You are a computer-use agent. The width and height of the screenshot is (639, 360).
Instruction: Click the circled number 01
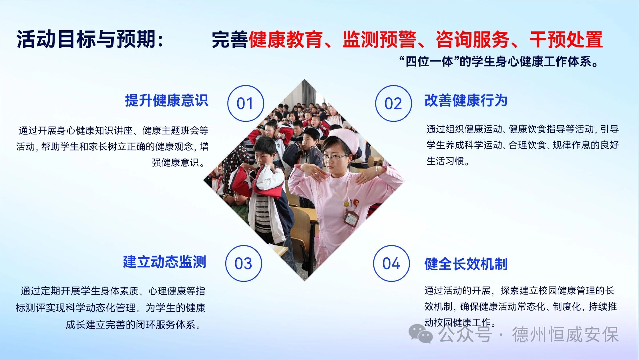246,103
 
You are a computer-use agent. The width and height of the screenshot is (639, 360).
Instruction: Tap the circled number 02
393,103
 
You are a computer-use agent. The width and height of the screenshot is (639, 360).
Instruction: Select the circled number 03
244,263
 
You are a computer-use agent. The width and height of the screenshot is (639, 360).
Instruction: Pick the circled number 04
391,263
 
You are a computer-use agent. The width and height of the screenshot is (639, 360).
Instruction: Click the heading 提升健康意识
167,100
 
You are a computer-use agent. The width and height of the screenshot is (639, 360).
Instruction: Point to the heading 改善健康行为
466,100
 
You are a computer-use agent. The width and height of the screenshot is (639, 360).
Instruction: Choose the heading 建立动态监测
165,262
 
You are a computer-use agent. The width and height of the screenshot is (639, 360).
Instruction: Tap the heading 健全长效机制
466,264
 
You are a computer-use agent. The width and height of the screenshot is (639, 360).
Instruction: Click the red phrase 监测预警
379,39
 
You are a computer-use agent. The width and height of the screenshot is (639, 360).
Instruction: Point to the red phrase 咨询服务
473,39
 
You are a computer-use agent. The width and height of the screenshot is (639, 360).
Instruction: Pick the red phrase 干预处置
566,39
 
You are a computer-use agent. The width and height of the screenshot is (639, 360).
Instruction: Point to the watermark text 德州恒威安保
565,334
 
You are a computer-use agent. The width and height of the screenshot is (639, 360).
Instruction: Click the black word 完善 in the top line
230,39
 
